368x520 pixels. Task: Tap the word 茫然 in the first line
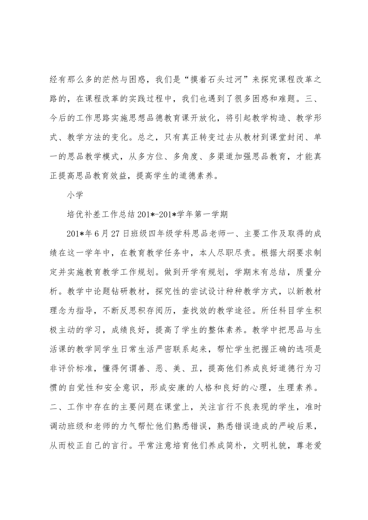click(123, 80)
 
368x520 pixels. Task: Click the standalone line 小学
click(74, 195)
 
